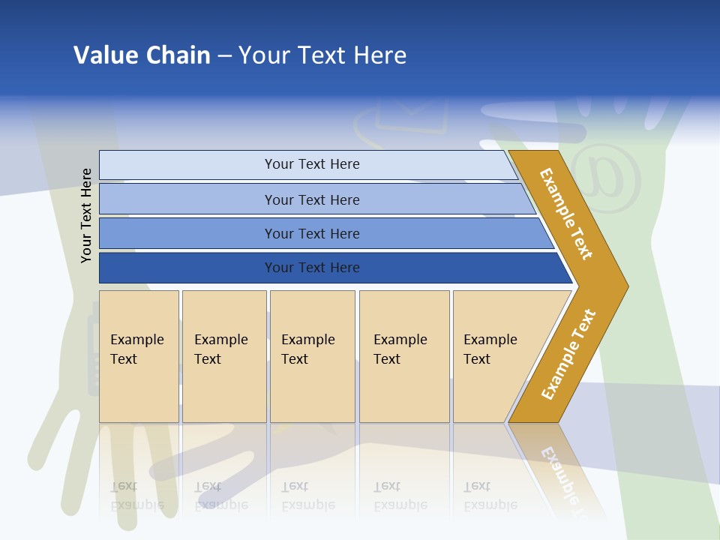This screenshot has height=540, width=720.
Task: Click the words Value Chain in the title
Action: click(142, 55)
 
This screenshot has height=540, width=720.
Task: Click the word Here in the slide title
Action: click(379, 55)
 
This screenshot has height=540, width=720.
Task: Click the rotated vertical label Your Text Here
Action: click(87, 215)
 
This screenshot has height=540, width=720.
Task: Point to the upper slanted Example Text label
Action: click(566, 214)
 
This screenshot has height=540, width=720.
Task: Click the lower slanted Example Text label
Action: click(568, 355)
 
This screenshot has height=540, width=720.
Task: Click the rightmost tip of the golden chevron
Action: click(625, 286)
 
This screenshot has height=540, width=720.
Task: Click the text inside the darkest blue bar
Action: click(312, 268)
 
